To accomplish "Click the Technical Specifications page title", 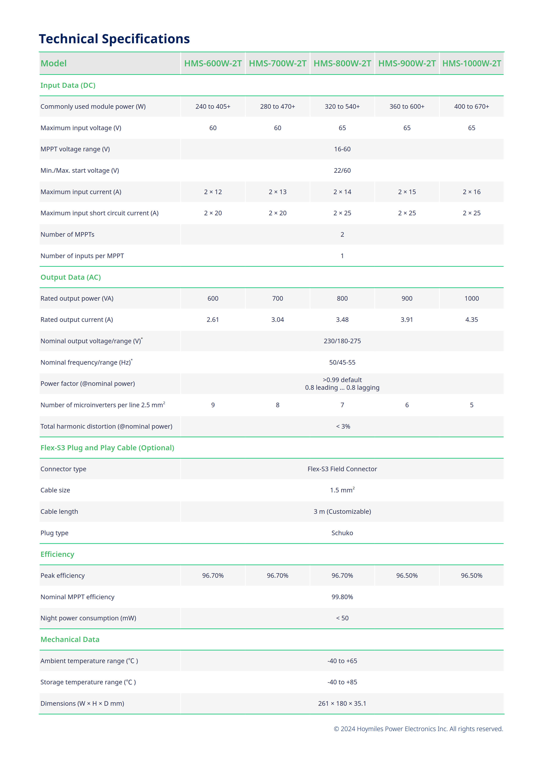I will click(x=114, y=39).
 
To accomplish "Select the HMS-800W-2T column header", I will click(x=342, y=63).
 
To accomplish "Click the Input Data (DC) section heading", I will click(x=68, y=85).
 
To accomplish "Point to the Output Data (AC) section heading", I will click(x=70, y=277).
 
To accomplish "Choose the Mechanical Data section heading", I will click(x=70, y=639).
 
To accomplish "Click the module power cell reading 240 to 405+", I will click(x=213, y=106).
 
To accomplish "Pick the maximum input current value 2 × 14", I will click(x=342, y=192).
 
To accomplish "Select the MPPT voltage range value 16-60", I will click(x=342, y=149).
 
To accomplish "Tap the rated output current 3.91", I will click(x=406, y=320).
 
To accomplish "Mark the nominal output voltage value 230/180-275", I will click(x=342, y=341).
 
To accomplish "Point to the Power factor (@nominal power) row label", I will click(x=87, y=384).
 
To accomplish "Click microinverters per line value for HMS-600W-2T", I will click(x=213, y=405).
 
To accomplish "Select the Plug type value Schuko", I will click(x=342, y=533).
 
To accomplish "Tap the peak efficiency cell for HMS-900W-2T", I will click(x=406, y=576).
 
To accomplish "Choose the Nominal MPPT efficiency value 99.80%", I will click(x=342, y=597).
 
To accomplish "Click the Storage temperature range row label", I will click(x=88, y=682).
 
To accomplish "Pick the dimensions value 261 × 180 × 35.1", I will click(x=342, y=703).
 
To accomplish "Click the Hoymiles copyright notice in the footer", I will click(x=418, y=729).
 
